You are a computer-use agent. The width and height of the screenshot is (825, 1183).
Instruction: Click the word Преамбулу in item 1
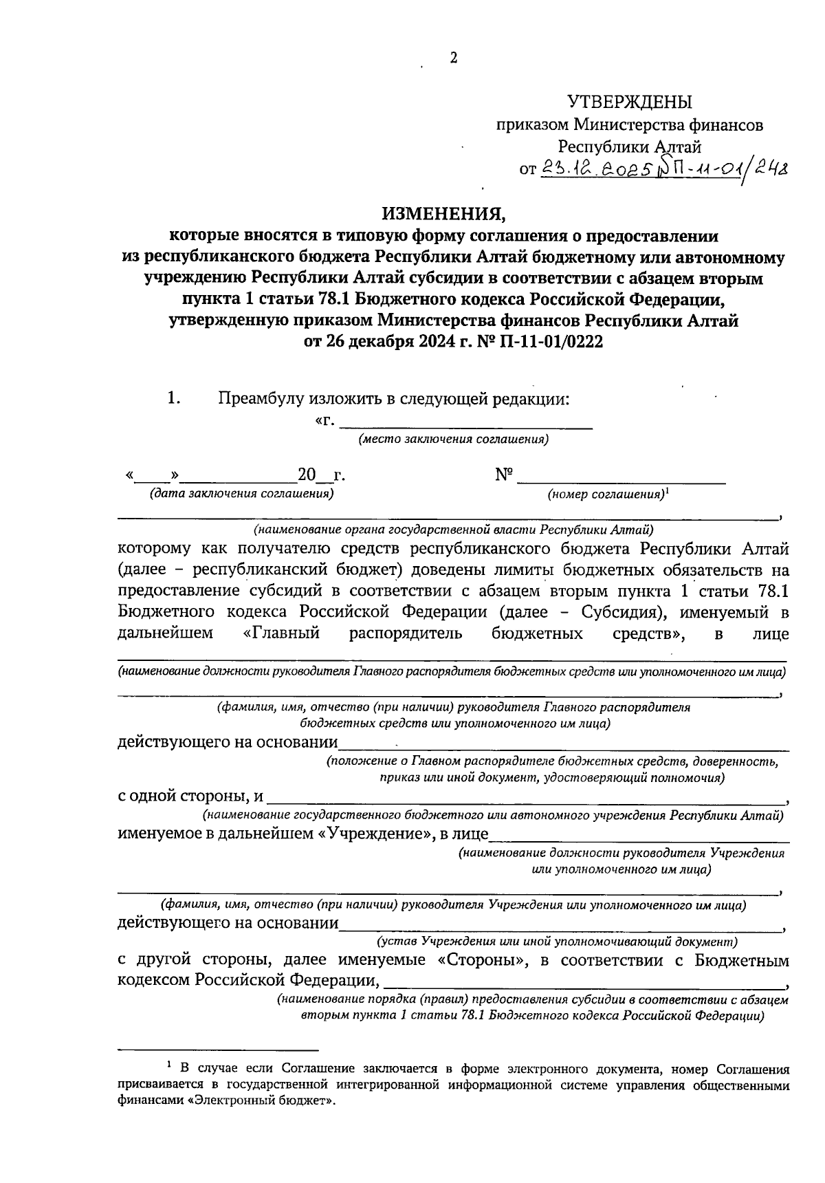(x=262, y=399)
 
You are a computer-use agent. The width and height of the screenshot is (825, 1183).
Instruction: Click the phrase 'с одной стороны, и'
(x=190, y=796)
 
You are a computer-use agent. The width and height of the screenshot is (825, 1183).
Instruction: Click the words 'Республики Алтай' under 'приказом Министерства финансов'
(x=629, y=146)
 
